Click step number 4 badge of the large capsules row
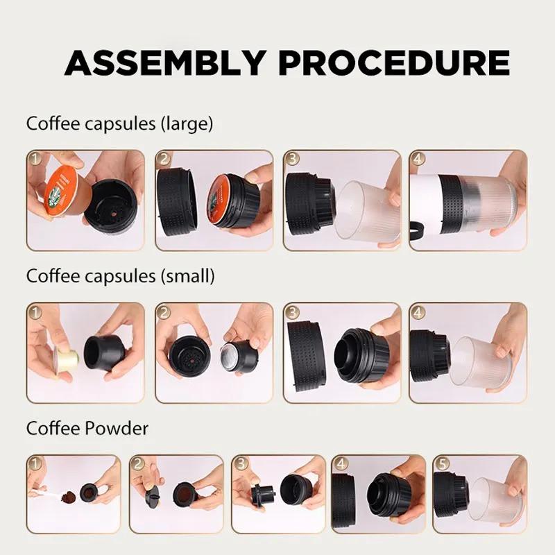coord(418,159)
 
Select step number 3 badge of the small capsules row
coord(292,310)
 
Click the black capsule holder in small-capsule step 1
coord(105,352)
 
